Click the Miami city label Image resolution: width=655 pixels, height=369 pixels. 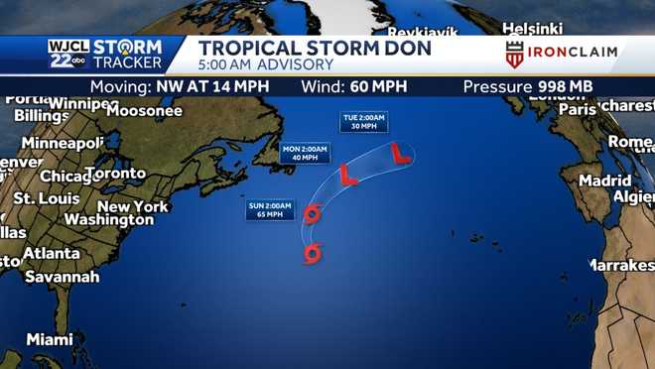50,339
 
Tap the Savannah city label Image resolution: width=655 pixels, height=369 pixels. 62,277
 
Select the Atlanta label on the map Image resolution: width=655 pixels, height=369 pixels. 51,253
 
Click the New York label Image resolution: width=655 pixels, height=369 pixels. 133,206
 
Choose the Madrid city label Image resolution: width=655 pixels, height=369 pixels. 604,182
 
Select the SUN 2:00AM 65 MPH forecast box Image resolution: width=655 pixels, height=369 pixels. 272,209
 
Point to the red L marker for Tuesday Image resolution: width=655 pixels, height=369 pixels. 400,153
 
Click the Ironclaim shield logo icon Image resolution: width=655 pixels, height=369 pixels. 514,55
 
